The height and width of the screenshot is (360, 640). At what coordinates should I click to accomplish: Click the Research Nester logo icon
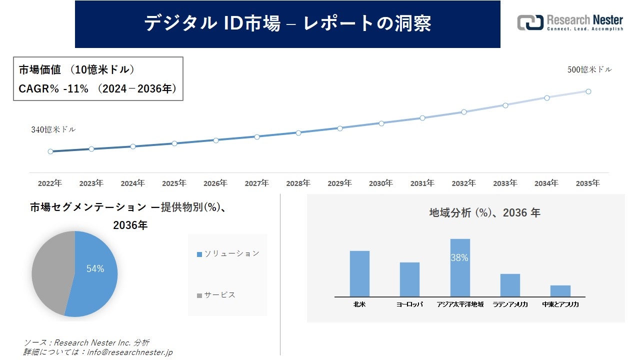(530, 22)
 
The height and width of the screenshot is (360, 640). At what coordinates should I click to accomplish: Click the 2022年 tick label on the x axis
(50, 183)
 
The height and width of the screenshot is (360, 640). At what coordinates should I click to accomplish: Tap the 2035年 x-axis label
(588, 183)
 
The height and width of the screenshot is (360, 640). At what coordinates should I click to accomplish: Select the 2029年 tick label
(339, 183)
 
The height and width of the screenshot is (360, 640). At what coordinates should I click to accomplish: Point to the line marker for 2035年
(588, 91)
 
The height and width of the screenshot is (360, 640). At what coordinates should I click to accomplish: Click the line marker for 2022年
(50, 151)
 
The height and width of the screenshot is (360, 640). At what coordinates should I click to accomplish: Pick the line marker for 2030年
(381, 123)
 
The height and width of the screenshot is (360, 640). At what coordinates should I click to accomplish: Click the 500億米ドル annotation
(589, 70)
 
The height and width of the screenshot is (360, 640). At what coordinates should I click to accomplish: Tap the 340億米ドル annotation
(53, 129)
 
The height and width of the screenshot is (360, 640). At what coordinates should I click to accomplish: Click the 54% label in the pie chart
(95, 269)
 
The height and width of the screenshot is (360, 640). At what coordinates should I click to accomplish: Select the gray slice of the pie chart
(50, 272)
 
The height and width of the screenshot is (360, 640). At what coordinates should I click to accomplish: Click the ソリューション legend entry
(228, 253)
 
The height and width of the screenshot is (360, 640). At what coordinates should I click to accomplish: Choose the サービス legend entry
(216, 295)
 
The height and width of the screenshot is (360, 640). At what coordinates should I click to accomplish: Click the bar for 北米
(359, 273)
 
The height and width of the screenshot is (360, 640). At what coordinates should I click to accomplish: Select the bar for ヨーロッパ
(409, 279)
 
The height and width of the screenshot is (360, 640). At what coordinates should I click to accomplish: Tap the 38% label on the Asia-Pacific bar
(459, 258)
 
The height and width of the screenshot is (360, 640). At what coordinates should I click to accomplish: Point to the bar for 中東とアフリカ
(560, 291)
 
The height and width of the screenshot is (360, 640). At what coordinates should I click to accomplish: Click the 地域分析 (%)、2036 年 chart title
(484, 213)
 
